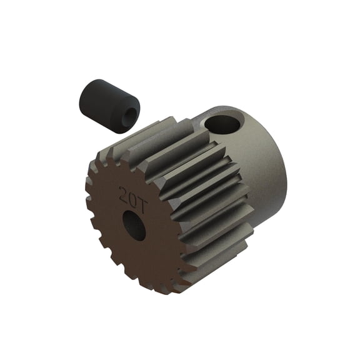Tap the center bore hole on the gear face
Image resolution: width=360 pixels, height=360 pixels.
(134, 226)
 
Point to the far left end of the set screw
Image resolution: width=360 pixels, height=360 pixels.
(81, 100)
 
